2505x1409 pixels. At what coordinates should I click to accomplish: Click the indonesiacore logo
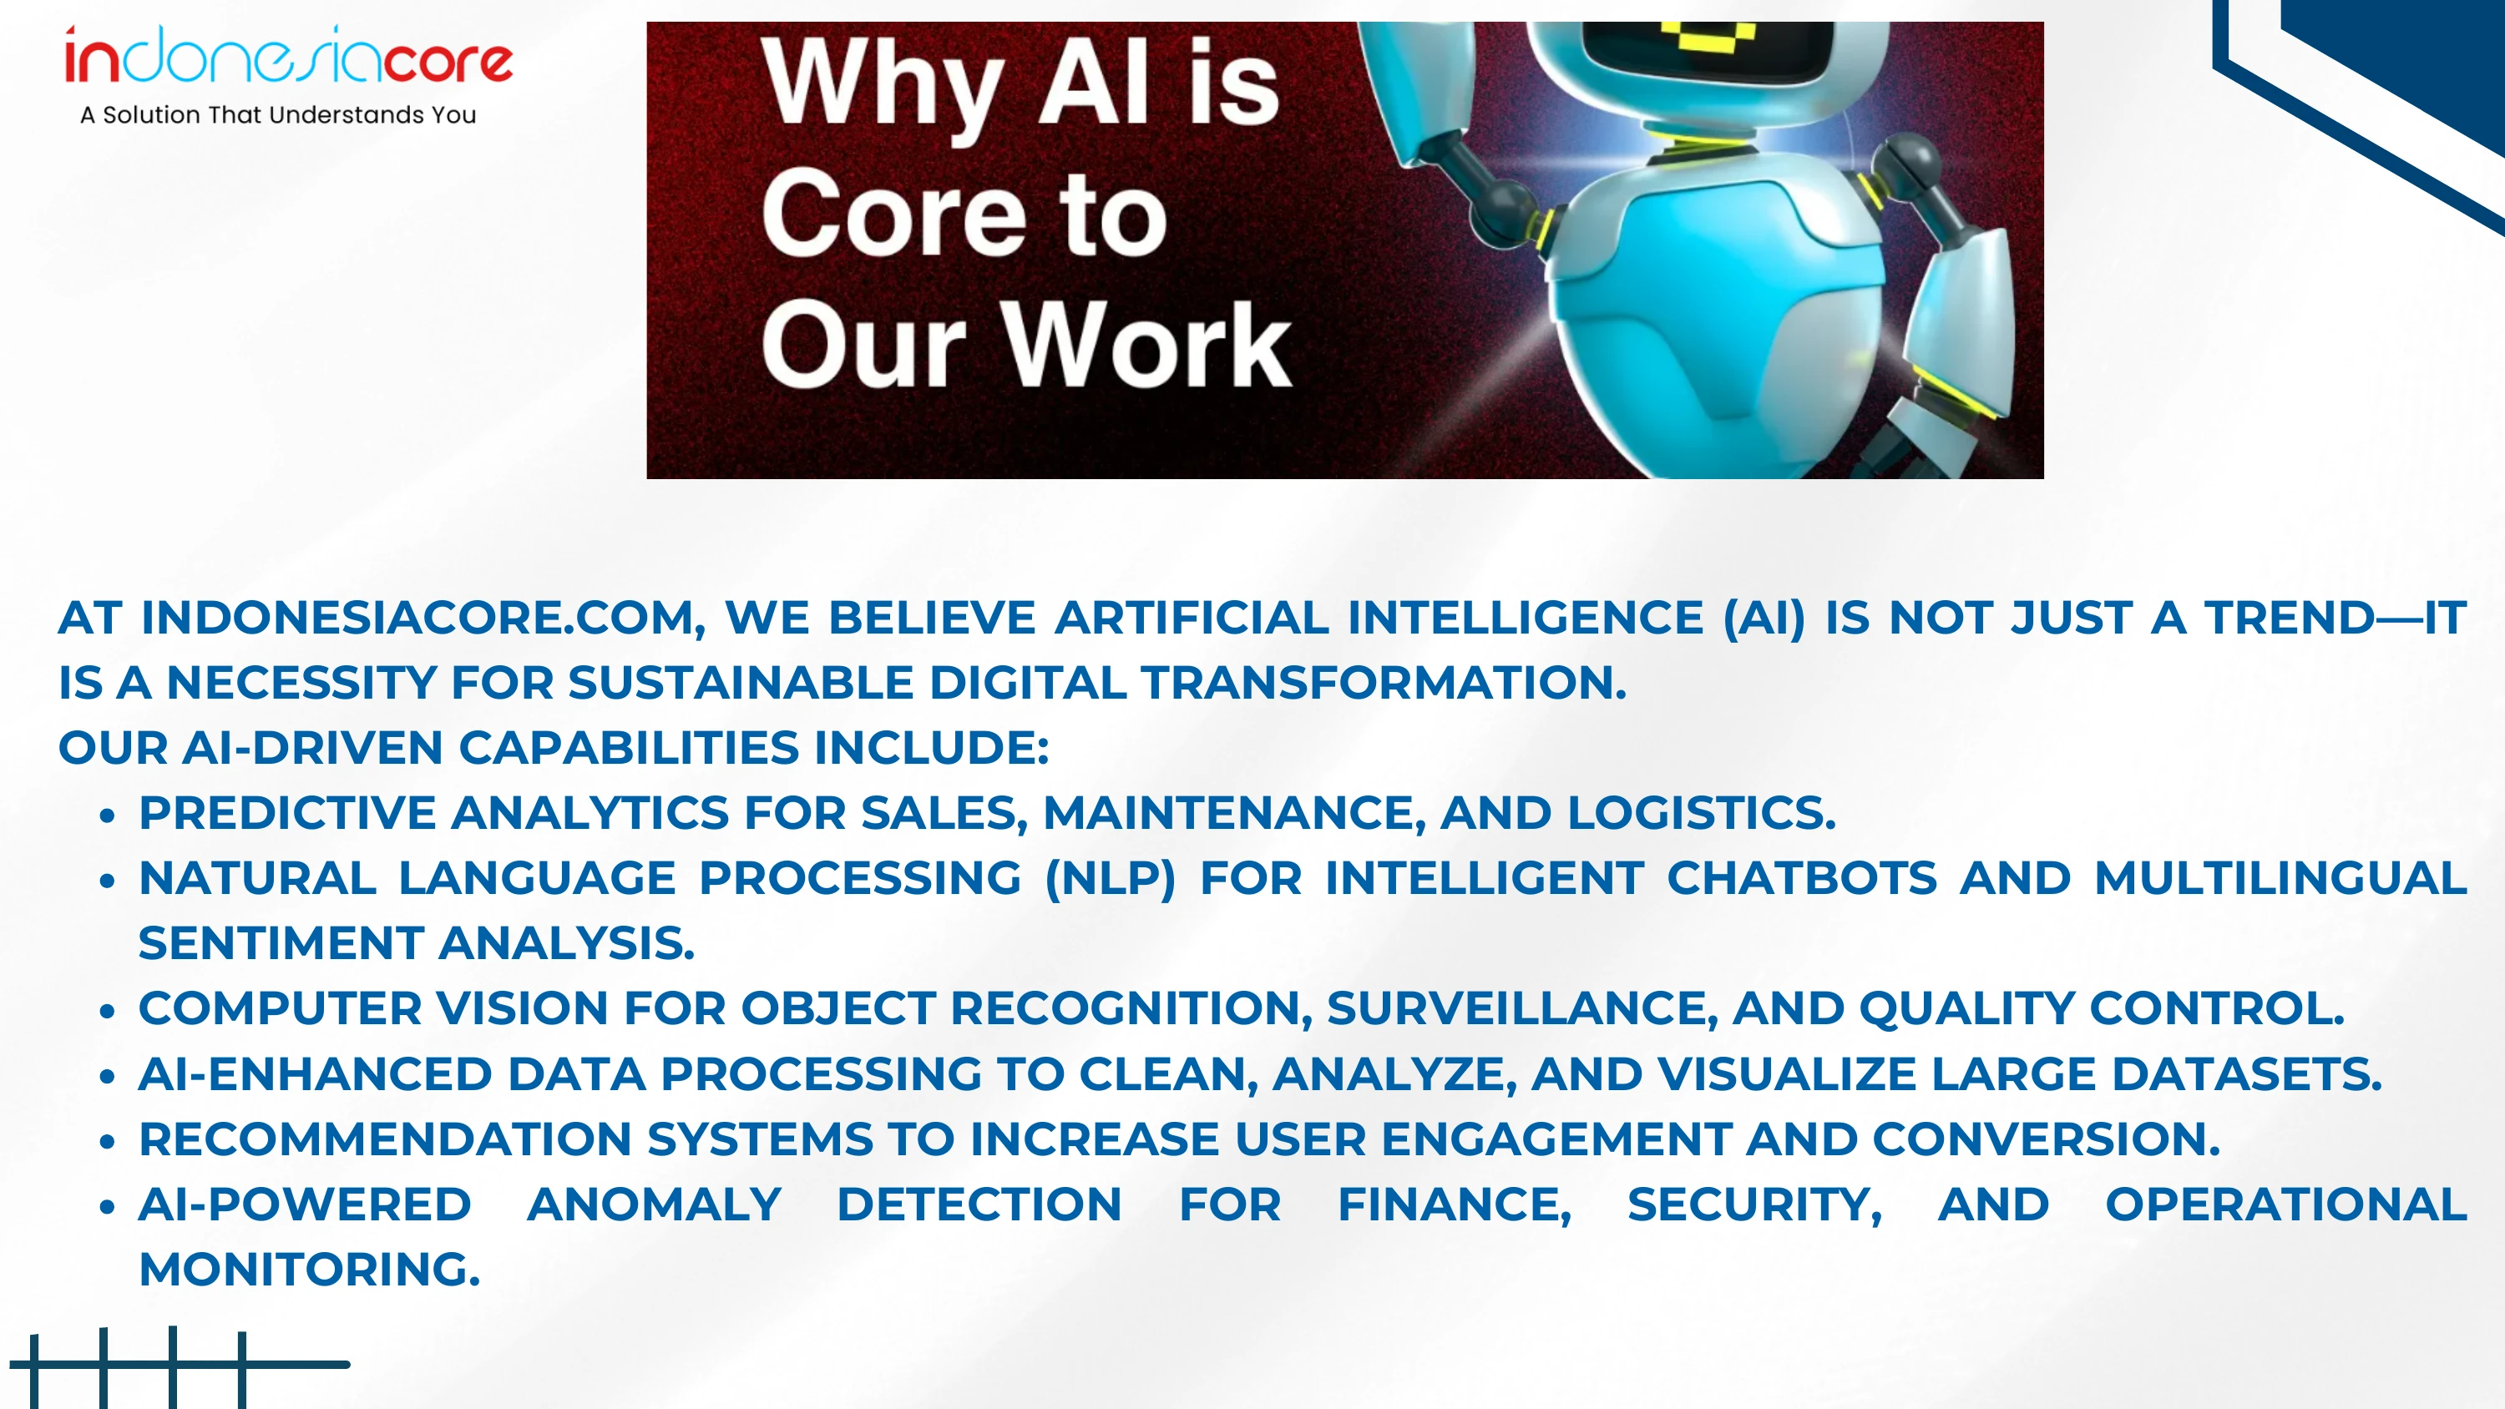288,57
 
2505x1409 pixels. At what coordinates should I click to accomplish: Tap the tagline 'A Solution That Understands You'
278,114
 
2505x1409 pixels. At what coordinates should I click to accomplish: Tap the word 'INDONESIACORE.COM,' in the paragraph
423,618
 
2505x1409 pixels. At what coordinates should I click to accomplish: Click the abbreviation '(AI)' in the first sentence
1763,618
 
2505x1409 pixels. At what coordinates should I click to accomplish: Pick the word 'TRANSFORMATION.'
1384,683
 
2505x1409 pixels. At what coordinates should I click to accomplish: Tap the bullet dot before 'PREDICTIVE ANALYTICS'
108,816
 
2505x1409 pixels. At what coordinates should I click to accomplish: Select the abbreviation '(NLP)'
1110,878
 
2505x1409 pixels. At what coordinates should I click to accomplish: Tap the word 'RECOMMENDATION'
385,1139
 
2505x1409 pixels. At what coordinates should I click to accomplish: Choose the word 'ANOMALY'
654,1204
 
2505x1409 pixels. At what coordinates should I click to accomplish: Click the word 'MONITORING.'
309,1270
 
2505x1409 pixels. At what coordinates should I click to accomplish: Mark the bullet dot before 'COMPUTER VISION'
108,1012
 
